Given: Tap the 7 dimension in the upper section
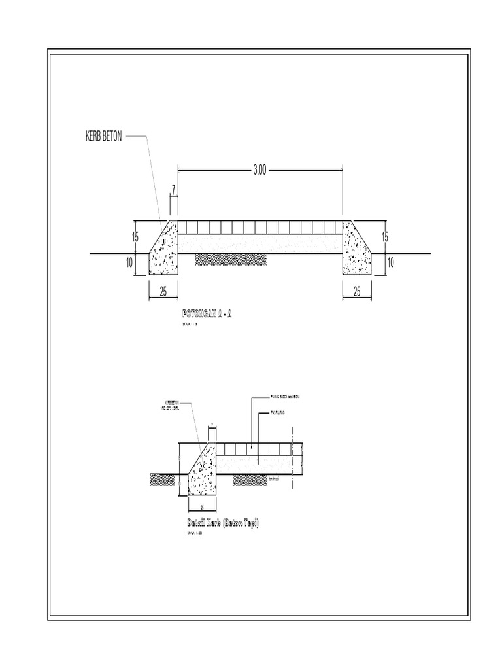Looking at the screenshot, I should tap(173, 190).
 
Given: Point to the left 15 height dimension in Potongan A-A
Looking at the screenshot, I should tap(135, 237).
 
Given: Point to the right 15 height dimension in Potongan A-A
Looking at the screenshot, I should tap(385, 237).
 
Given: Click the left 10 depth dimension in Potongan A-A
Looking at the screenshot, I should tap(129, 263).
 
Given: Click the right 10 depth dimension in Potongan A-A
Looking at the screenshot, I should tap(390, 263).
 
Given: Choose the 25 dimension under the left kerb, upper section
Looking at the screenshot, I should tap(163, 291).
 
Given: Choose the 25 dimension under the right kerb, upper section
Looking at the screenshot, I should tap(357, 291).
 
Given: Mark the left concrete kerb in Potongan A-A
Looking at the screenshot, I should tap(164, 252).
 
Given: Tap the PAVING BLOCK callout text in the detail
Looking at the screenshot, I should tap(287, 397).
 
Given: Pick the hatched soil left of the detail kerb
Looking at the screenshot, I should tap(162, 479).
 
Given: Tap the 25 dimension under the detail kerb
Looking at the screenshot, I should tap(202, 507).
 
